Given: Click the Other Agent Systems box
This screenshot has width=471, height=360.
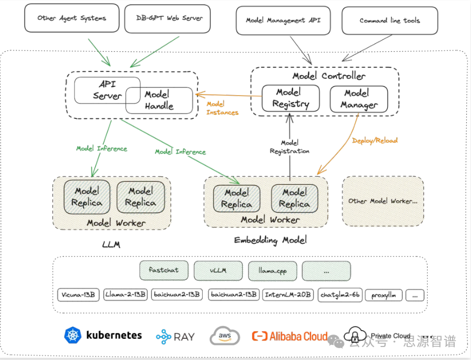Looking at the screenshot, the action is pyautogui.click(x=72, y=18).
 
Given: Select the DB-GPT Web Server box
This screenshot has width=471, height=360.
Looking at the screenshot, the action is pyautogui.click(x=167, y=18).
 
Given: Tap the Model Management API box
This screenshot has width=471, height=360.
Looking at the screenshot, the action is pyautogui.click(x=283, y=21).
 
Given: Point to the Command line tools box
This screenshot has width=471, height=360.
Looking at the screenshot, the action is pyautogui.click(x=389, y=21).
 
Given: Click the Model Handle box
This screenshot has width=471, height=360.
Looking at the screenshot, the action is pyautogui.click(x=159, y=101).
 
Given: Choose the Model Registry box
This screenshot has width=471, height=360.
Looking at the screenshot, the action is pyautogui.click(x=290, y=98).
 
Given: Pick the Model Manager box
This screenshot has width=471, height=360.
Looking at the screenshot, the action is pyautogui.click(x=359, y=99).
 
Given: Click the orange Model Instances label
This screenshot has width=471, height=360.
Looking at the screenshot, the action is pyautogui.click(x=222, y=108).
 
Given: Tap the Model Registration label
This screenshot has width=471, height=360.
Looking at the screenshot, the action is pyautogui.click(x=289, y=147).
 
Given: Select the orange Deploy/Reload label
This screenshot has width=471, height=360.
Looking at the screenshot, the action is pyautogui.click(x=375, y=140).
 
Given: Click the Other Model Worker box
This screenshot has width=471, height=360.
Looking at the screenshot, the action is pyautogui.click(x=383, y=201).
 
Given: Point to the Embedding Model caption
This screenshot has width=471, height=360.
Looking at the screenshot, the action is pyautogui.click(x=270, y=240).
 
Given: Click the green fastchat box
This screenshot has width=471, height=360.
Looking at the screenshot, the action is pyautogui.click(x=164, y=270).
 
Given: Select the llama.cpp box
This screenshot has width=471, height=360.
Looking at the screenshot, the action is pyautogui.click(x=273, y=271).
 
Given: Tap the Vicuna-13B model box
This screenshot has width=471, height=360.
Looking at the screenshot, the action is pyautogui.click(x=78, y=295).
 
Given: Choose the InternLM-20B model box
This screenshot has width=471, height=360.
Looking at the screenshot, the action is pyautogui.click(x=288, y=295).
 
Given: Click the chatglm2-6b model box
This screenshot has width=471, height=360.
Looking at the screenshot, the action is pyautogui.click(x=340, y=295).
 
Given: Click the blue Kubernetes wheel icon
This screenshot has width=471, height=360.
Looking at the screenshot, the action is pyautogui.click(x=73, y=335).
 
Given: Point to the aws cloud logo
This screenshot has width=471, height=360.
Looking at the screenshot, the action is pyautogui.click(x=225, y=336).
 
